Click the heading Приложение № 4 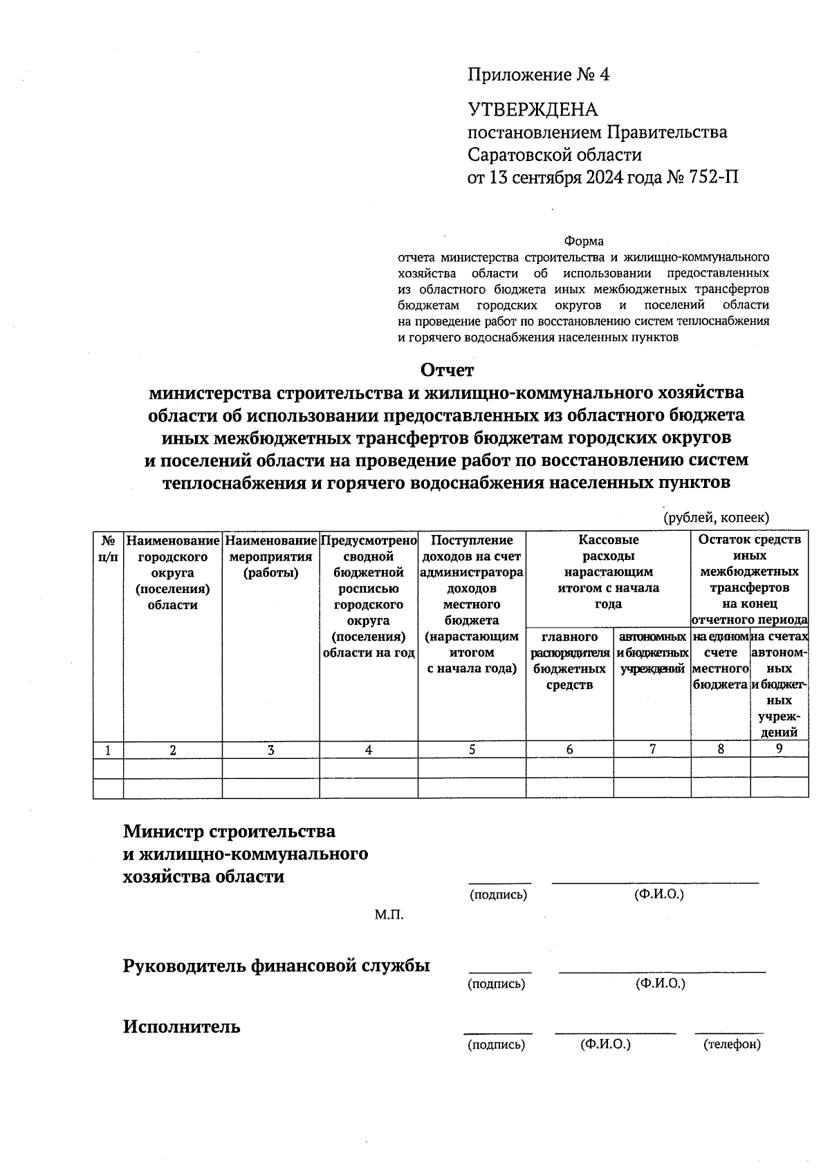tap(539, 75)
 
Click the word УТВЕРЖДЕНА tap(533, 110)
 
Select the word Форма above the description tap(584, 241)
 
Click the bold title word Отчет tap(448, 370)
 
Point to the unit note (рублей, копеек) tap(716, 518)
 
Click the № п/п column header tap(108, 548)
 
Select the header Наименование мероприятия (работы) tap(270, 556)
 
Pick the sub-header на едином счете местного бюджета tap(720, 660)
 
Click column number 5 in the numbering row tap(472, 749)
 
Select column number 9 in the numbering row tap(779, 749)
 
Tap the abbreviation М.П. tap(389, 915)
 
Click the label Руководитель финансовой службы tap(276, 966)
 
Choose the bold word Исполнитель tap(182, 1026)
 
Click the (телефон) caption tap(732, 1044)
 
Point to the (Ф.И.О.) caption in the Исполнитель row tap(606, 1044)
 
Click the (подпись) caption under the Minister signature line tap(498, 894)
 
